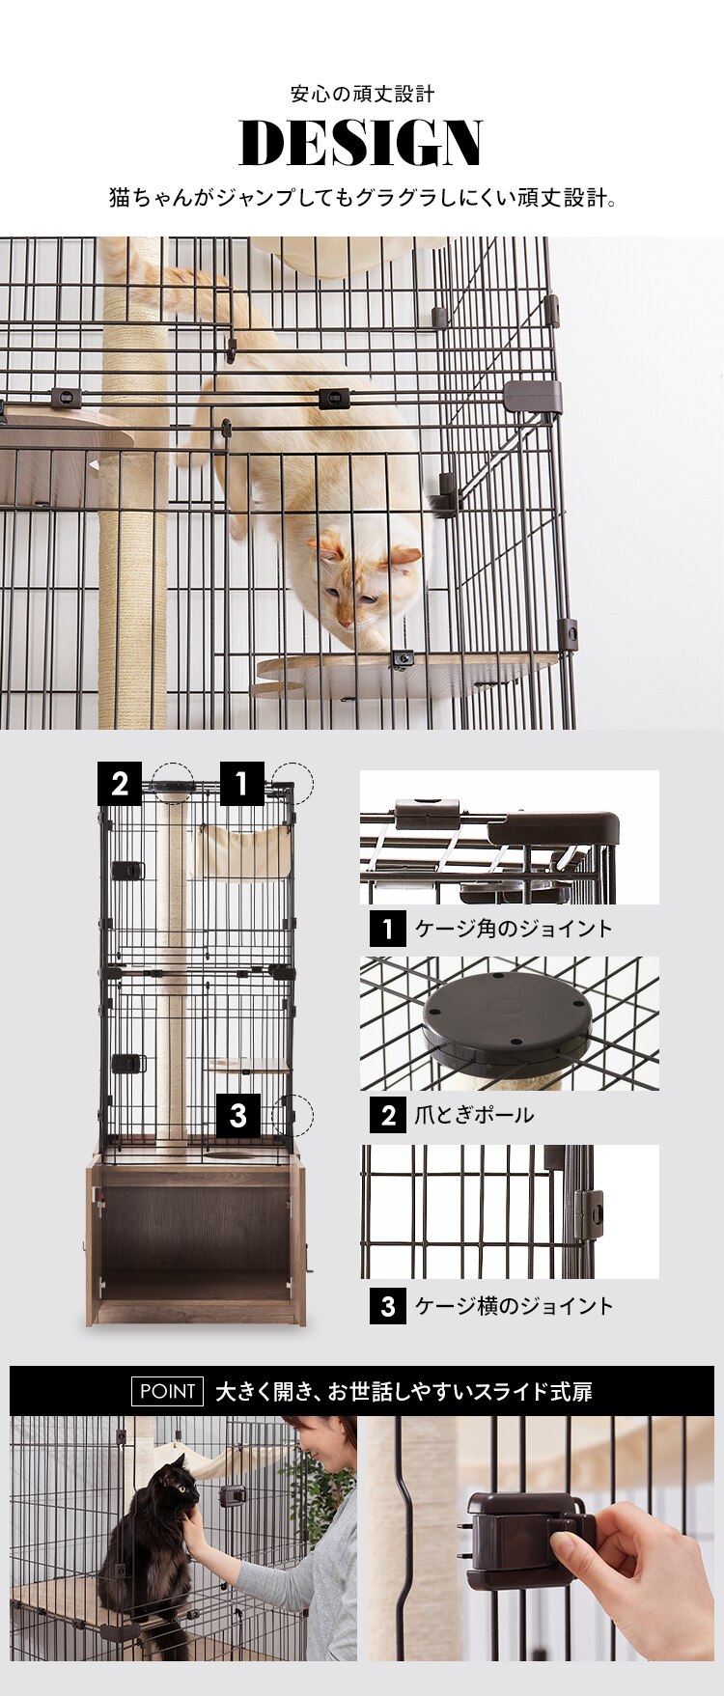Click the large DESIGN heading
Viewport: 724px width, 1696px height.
(x=361, y=144)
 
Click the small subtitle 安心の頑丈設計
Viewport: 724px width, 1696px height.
(x=362, y=95)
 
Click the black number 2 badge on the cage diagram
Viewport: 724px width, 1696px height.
(x=120, y=784)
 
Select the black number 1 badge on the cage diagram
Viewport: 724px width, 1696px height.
(x=242, y=784)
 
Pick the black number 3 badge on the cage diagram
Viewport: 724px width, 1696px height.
(x=238, y=1117)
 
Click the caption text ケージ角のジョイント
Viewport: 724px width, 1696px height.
(x=513, y=929)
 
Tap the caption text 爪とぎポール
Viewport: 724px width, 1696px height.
(x=473, y=1115)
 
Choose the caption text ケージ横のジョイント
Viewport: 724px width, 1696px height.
(x=514, y=1306)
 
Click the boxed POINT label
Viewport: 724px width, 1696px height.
(x=167, y=1391)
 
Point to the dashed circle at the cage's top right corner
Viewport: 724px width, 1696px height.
(x=292, y=783)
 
